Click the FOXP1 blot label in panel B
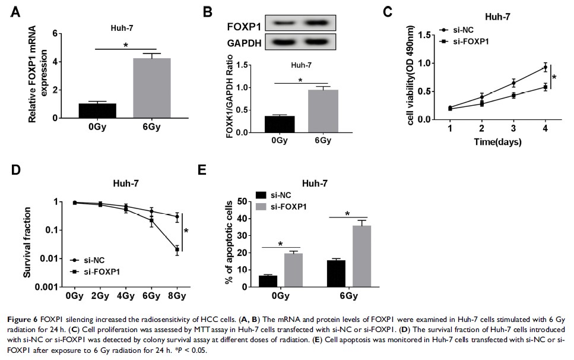[242, 27]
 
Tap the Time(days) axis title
[496, 143]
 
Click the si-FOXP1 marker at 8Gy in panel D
[177, 250]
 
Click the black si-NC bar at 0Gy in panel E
[268, 281]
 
